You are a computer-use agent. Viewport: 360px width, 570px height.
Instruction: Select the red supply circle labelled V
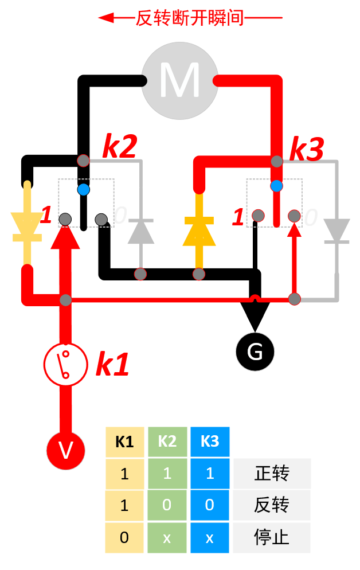point(66,450)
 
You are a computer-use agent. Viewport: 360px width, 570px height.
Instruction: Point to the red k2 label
point(119,147)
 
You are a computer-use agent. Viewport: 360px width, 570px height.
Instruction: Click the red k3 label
point(306,150)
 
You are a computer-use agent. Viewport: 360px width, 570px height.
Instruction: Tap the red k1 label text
point(112,365)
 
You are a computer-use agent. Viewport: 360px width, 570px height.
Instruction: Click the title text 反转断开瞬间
point(190,18)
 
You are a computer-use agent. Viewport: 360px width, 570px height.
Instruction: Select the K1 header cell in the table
point(124,442)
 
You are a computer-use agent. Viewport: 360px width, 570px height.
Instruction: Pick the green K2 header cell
point(167,442)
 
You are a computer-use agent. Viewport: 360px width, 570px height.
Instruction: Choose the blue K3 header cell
point(210,442)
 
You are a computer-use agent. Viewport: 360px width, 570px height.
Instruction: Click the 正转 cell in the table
point(272,474)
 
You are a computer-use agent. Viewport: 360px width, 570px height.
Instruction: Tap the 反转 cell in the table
point(272,506)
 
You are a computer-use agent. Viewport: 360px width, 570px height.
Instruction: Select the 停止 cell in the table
point(272,538)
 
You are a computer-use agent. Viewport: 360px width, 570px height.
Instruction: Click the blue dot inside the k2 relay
point(84,189)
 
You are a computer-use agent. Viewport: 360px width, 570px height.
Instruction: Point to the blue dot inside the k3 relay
point(277,186)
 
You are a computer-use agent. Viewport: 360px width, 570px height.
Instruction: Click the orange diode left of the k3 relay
point(199,229)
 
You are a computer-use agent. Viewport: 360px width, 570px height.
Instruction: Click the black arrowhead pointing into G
point(255,315)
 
